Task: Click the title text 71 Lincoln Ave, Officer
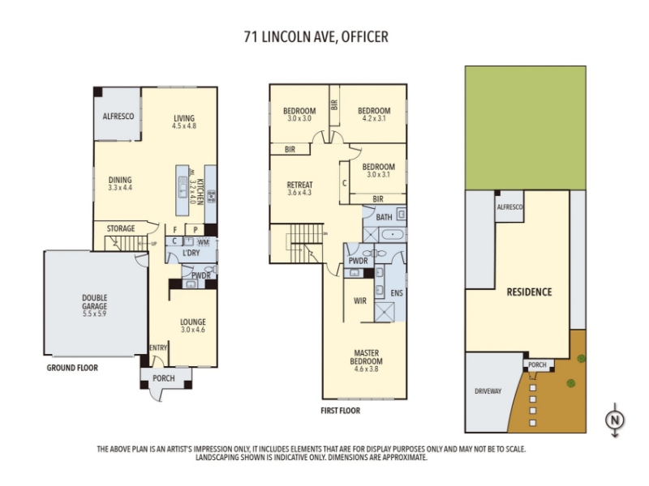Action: pyautogui.click(x=316, y=36)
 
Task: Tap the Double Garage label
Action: pyautogui.click(x=94, y=301)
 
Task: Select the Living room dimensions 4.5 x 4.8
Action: pyautogui.click(x=184, y=126)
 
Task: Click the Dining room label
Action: pyautogui.click(x=120, y=180)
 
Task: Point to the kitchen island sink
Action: pyautogui.click(x=183, y=187)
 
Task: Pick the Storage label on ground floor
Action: pyautogui.click(x=121, y=228)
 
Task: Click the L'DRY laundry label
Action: pyautogui.click(x=191, y=253)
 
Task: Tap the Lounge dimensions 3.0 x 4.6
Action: pyautogui.click(x=193, y=330)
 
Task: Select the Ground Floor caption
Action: pyautogui.click(x=72, y=368)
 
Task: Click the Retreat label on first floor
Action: pyautogui.click(x=299, y=185)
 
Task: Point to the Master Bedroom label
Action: pyautogui.click(x=367, y=357)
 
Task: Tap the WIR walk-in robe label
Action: pyautogui.click(x=360, y=301)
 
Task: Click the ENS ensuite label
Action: pyautogui.click(x=397, y=293)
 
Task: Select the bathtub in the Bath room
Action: pyautogui.click(x=392, y=235)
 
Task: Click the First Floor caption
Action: pyautogui.click(x=340, y=411)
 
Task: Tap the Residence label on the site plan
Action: pyautogui.click(x=530, y=292)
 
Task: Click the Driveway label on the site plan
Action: pyautogui.click(x=488, y=391)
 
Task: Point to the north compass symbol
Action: pyautogui.click(x=615, y=420)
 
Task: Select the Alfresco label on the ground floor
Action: pyautogui.click(x=118, y=116)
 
